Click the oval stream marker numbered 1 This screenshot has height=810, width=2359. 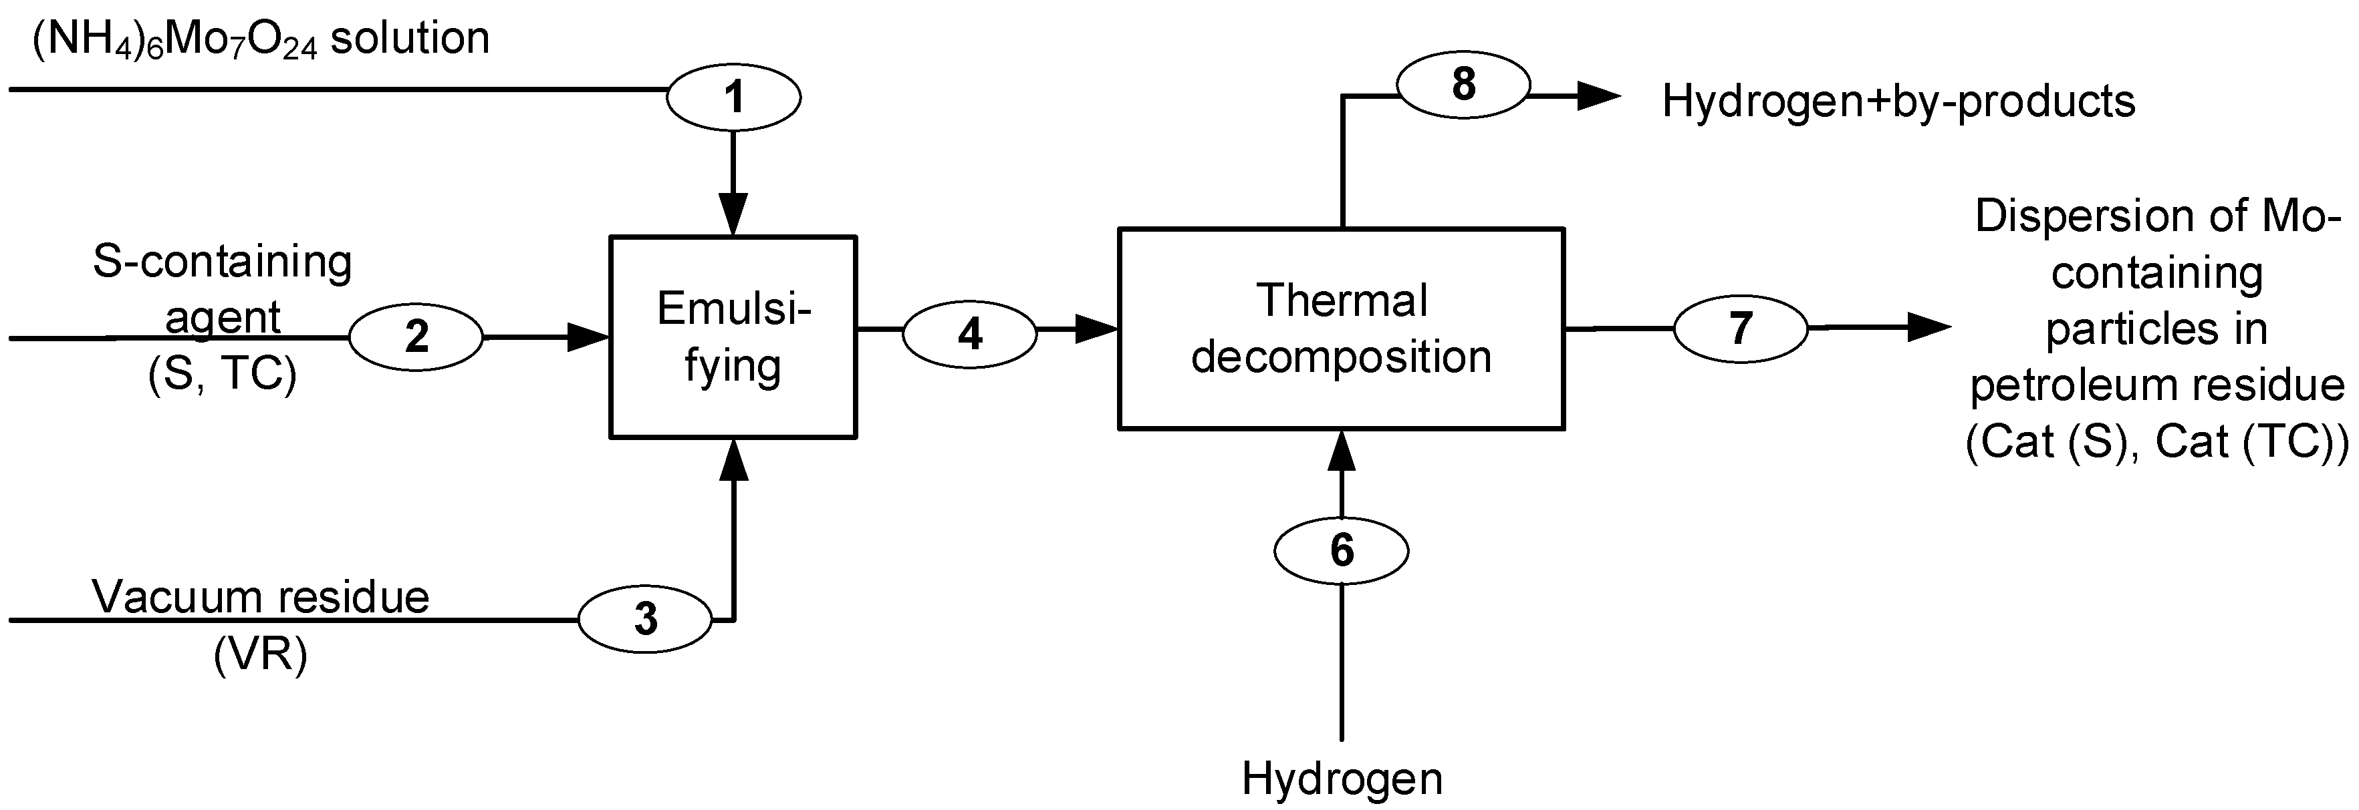[x=733, y=97]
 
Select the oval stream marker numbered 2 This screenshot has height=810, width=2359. [x=416, y=337]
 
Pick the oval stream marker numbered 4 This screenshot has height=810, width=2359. [x=970, y=334]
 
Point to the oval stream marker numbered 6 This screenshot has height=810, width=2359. [x=1341, y=550]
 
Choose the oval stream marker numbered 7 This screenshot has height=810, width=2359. [x=1740, y=328]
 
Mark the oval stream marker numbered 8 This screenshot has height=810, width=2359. [x=1463, y=84]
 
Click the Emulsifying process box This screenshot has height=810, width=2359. [x=733, y=337]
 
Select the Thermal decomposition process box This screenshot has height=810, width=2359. [x=1341, y=328]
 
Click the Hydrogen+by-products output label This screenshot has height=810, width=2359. [x=1898, y=101]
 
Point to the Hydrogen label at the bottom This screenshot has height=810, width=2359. [x=1341, y=779]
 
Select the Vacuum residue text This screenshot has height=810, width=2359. [x=261, y=598]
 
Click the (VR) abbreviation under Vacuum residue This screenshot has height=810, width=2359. [x=261, y=654]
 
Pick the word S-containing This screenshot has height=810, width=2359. [x=223, y=262]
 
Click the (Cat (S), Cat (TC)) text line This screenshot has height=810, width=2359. [x=2156, y=442]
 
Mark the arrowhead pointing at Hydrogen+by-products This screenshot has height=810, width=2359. [x=1598, y=95]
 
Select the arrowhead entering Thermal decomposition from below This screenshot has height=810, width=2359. [x=1341, y=450]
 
